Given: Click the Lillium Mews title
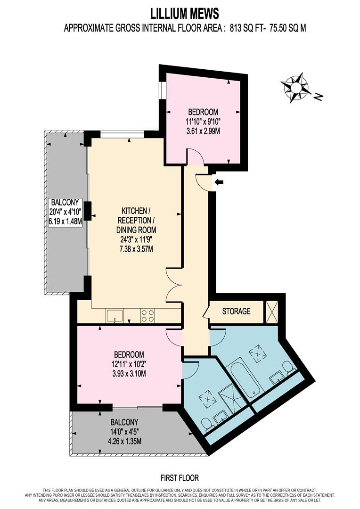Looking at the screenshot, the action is (x=185, y=14).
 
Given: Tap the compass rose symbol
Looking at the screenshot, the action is (x=296, y=88).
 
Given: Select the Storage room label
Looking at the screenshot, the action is (x=237, y=312).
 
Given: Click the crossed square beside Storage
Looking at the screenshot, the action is (x=272, y=312).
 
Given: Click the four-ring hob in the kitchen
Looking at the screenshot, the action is (x=147, y=316).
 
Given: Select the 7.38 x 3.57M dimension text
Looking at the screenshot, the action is (x=135, y=249).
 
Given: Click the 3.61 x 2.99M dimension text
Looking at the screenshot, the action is (x=203, y=131).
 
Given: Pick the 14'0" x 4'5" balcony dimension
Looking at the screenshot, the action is (x=125, y=432).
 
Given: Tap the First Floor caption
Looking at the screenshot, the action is (x=180, y=478).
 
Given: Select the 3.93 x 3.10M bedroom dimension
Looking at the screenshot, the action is (x=129, y=374).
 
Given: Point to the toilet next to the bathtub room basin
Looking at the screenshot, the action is (x=288, y=367).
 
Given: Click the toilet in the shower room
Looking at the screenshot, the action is (x=207, y=424).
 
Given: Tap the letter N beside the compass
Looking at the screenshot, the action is (x=319, y=96).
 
